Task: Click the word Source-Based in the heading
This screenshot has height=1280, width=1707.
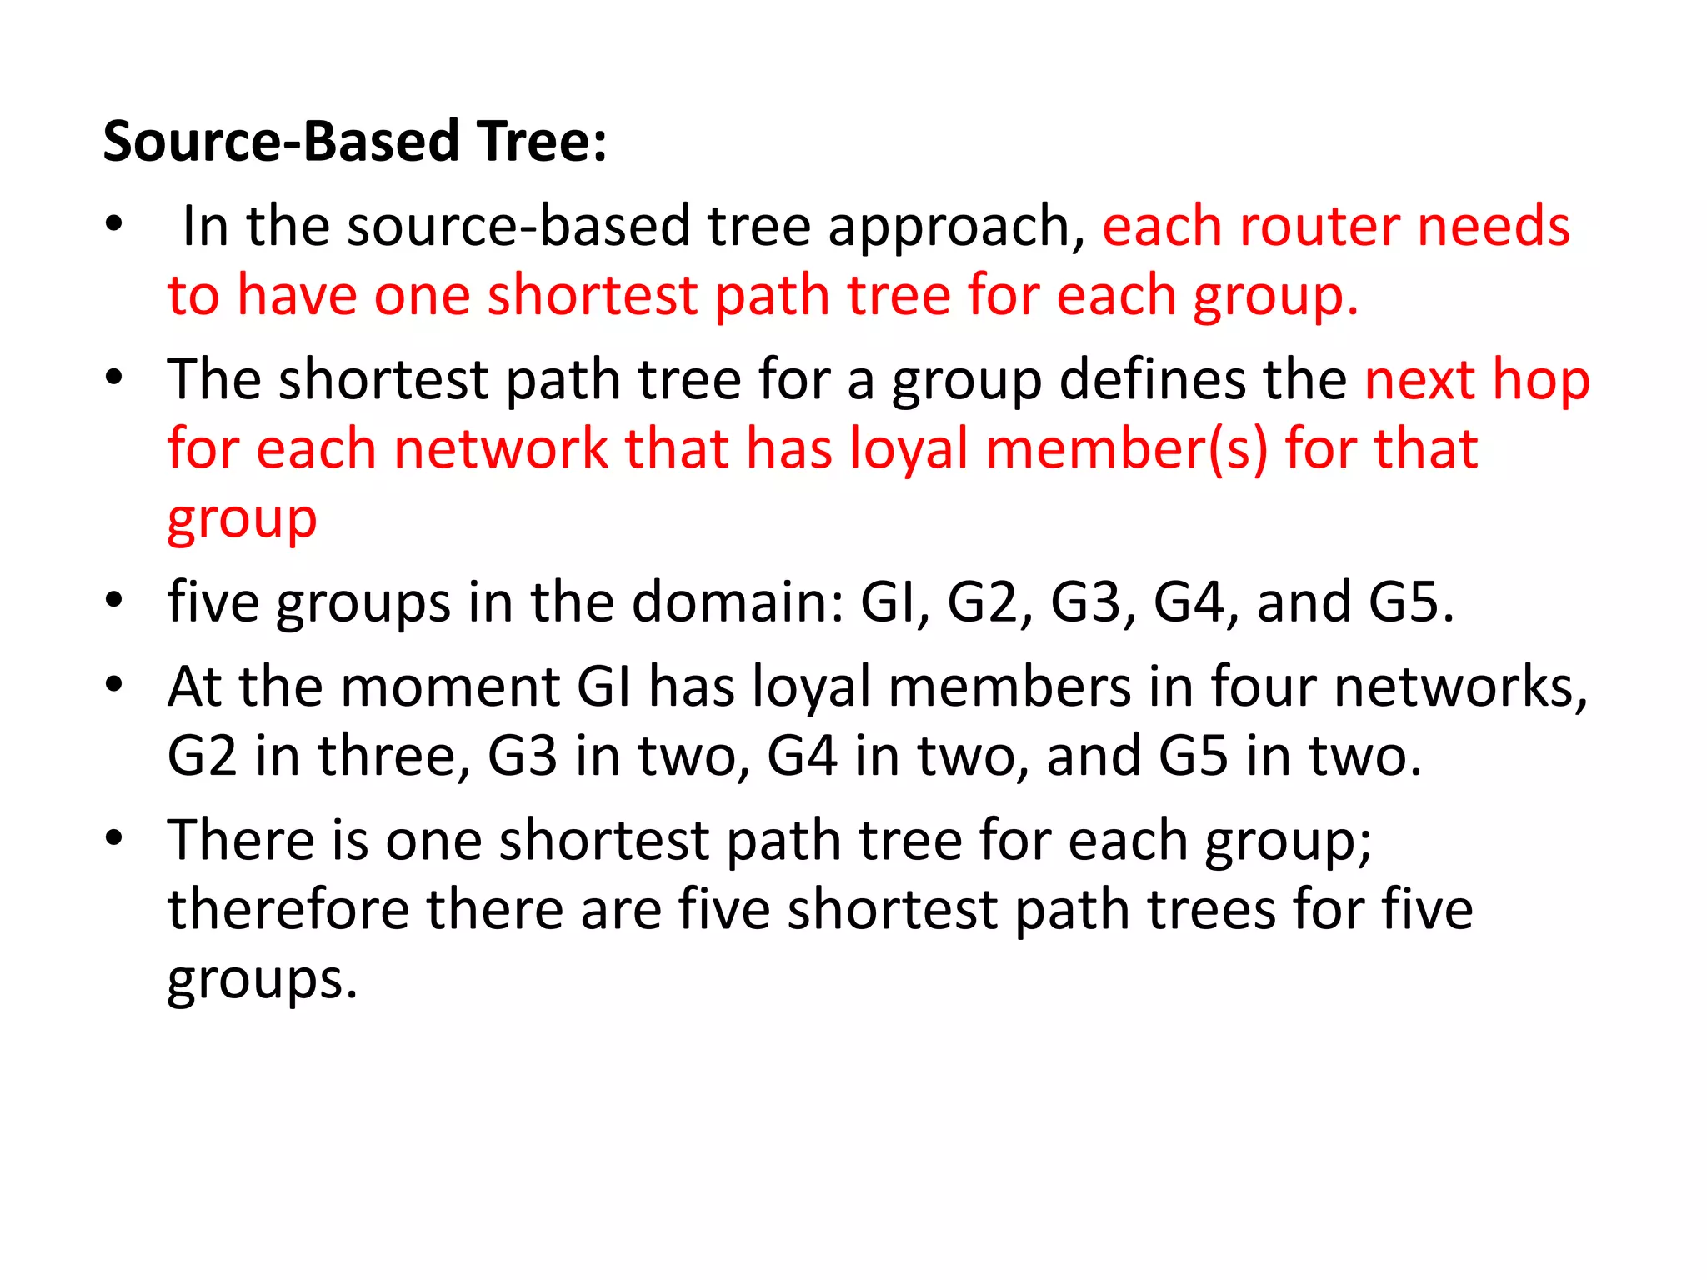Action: click(x=281, y=141)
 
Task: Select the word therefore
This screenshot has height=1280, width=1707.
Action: click(x=288, y=909)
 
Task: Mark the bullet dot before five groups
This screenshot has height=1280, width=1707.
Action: click(x=114, y=600)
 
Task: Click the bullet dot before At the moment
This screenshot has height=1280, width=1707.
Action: click(x=114, y=686)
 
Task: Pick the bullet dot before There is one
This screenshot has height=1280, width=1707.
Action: click(x=114, y=838)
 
